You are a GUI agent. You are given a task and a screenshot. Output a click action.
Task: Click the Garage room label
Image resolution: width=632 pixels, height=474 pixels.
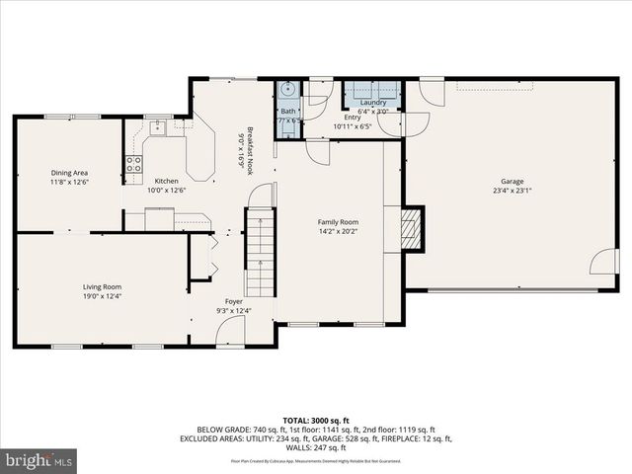tap(512, 181)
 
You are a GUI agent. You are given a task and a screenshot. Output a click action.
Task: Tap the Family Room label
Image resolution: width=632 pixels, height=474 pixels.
tap(337, 222)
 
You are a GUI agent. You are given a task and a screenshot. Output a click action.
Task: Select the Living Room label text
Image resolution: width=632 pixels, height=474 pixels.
tap(102, 286)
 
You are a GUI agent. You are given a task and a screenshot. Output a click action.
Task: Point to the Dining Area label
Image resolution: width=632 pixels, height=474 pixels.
tap(69, 173)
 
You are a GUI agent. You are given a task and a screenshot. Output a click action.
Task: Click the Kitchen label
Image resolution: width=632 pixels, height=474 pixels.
tap(166, 181)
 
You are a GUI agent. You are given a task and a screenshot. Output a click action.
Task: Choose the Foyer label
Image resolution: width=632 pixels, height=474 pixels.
tap(234, 301)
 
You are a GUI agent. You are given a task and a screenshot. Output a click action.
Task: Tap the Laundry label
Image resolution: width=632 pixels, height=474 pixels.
tap(373, 103)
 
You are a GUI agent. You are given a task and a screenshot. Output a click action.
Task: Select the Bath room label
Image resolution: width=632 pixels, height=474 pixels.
tap(287, 112)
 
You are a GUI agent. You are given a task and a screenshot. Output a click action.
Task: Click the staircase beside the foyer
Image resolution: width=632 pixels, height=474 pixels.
tap(261, 254)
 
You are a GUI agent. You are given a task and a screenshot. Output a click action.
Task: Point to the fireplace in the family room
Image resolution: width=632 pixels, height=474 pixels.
tap(412, 230)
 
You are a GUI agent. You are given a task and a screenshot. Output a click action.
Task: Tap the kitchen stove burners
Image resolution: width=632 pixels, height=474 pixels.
tap(132, 164)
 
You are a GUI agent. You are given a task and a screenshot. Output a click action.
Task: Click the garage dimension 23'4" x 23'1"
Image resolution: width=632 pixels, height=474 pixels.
tap(512, 192)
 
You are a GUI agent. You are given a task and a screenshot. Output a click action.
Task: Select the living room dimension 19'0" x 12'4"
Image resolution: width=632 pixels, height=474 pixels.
tap(102, 296)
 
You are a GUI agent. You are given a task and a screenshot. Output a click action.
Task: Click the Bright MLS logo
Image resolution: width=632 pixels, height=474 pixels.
tap(39, 460)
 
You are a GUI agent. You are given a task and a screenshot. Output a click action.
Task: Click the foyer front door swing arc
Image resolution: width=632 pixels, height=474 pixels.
tap(230, 332)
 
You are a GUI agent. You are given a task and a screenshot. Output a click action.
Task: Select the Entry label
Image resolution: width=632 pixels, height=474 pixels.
tap(353, 118)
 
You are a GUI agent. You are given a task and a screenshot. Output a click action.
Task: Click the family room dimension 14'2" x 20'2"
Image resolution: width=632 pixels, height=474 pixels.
tap(337, 232)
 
